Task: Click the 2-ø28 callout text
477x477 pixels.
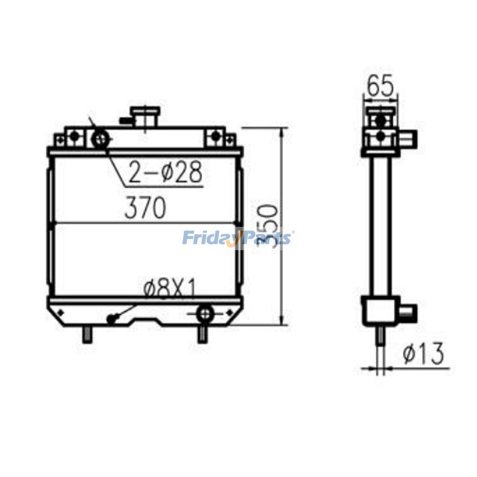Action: pyautogui.click(x=165, y=173)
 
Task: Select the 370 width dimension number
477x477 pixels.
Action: pyautogui.click(x=145, y=208)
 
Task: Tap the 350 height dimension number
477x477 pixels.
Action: pyautogui.click(x=268, y=225)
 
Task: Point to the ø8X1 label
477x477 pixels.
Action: pyautogui.click(x=170, y=289)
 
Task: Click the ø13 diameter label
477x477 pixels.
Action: pyautogui.click(x=422, y=354)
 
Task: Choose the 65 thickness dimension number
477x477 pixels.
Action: pyautogui.click(x=381, y=86)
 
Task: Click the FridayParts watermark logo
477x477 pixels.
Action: pyautogui.click(x=238, y=238)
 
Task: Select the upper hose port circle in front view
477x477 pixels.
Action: pyautogui.click(x=101, y=139)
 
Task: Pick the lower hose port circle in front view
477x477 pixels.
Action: pyautogui.click(x=204, y=314)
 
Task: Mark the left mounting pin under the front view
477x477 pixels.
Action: pyautogui.click(x=86, y=335)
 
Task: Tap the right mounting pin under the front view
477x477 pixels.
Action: pyautogui.click(x=201, y=335)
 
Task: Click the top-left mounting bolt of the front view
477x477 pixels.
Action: pyautogui.click(x=75, y=136)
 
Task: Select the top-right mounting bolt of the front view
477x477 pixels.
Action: pyautogui.click(x=215, y=136)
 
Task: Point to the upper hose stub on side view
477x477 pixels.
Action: pyautogui.click(x=408, y=138)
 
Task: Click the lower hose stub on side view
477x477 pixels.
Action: pyautogui.click(x=407, y=310)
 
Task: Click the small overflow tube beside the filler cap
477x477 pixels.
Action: pyautogui.click(x=126, y=120)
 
